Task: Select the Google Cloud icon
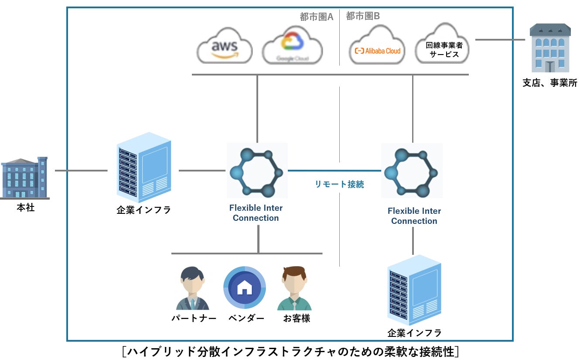pos(292,45)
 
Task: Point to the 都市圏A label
pos(317,17)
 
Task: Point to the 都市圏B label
pos(363,16)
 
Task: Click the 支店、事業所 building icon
pos(550,48)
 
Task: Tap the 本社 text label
pos(26,208)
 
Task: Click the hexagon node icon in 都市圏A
pos(257,171)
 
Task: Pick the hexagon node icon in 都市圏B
pos(412,171)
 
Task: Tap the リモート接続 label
pos(339,184)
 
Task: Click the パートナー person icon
pos(193,289)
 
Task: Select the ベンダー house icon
pos(244,288)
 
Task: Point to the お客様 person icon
pos(294,289)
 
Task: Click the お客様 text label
pos(297,319)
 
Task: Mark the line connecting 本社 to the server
pos(81,171)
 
